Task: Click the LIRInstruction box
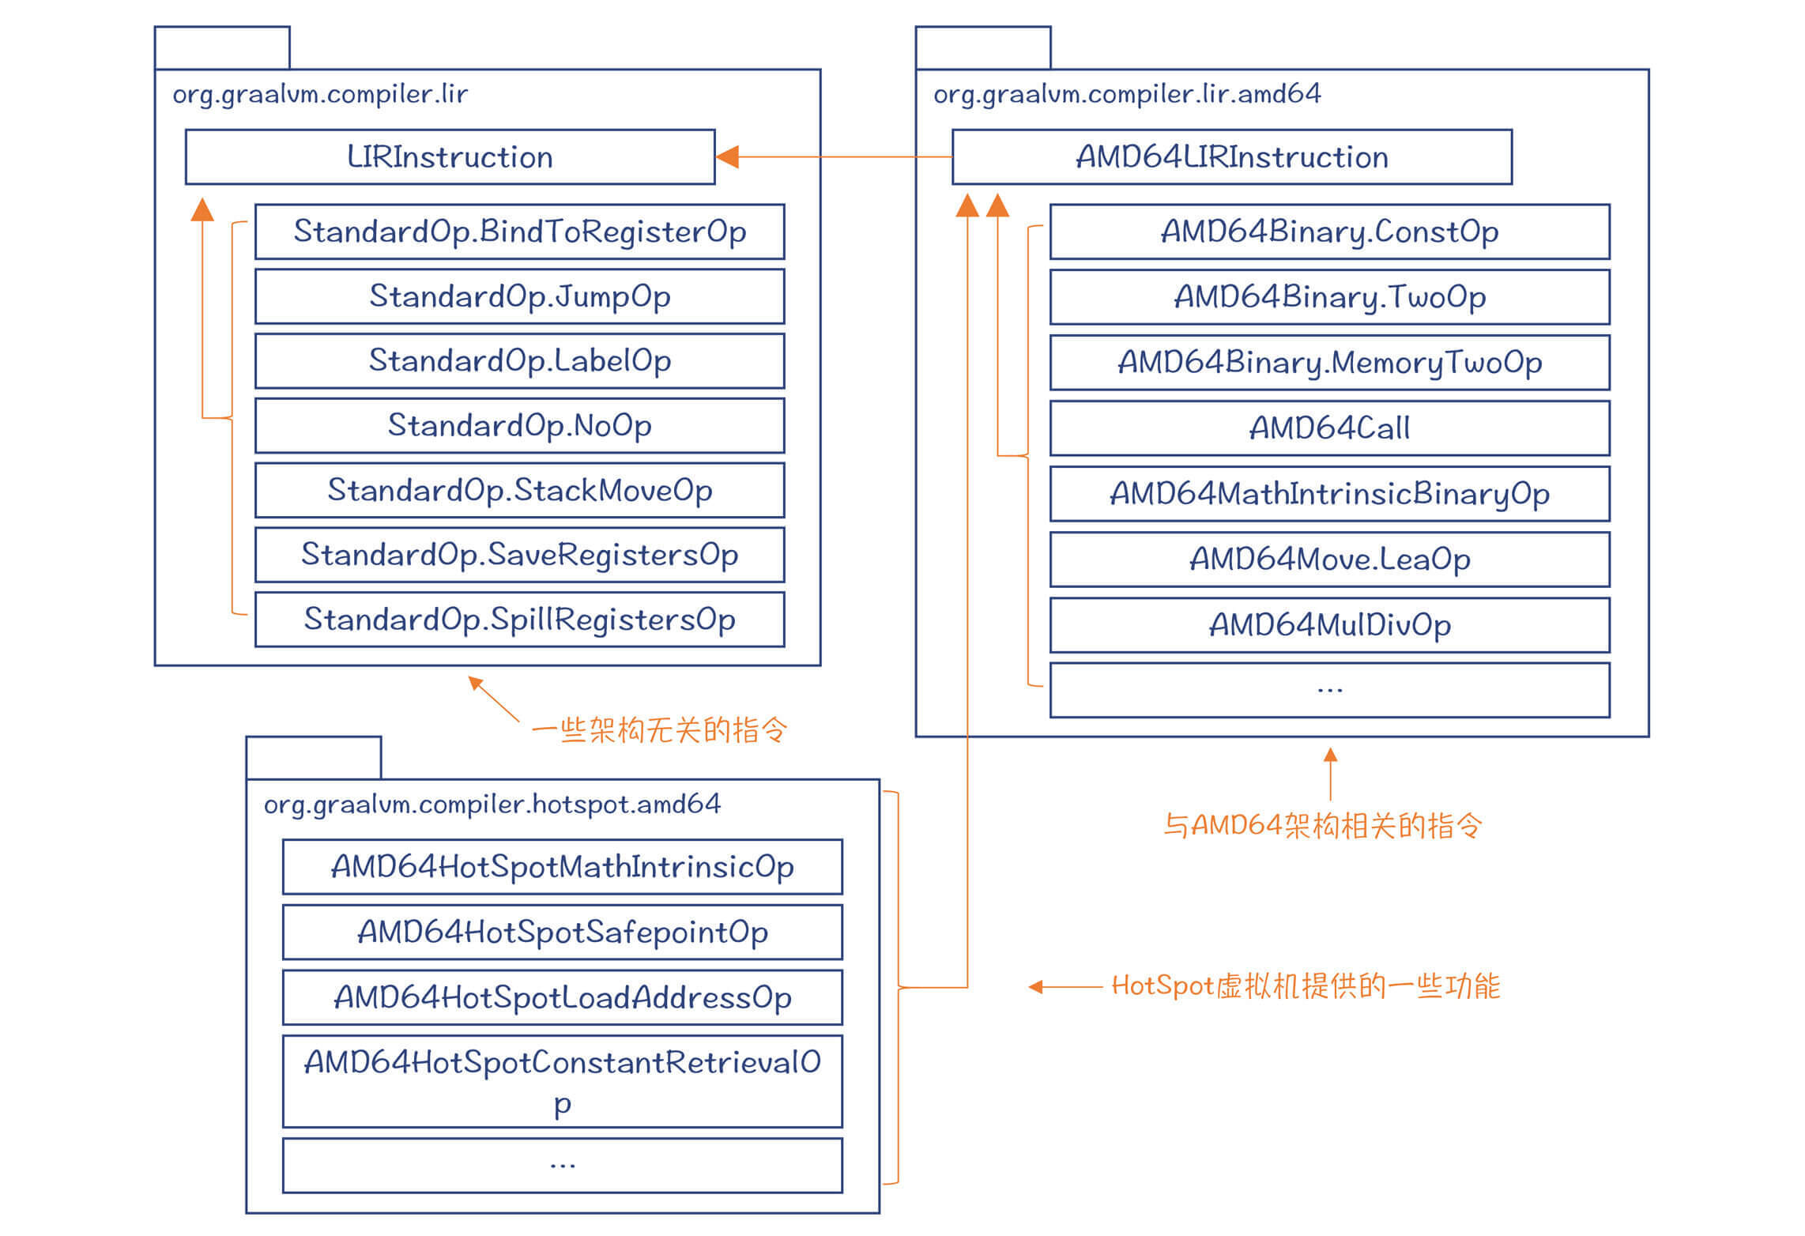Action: click(450, 156)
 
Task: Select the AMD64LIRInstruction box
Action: click(1231, 156)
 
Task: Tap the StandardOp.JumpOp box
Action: click(519, 296)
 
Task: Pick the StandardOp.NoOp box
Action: click(519, 425)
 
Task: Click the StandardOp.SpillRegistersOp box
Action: click(519, 620)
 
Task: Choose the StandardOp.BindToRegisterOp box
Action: click(519, 232)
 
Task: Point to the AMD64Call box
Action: click(1329, 428)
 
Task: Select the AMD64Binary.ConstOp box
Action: click(1329, 232)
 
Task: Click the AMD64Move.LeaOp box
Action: click(1329, 560)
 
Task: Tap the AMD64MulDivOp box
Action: click(1329, 625)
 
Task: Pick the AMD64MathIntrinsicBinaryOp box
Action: click(1329, 494)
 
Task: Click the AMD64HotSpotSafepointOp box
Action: click(562, 933)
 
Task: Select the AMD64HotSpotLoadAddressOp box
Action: click(562, 998)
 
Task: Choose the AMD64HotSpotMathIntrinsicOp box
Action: click(562, 867)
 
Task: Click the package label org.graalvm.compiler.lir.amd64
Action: click(1127, 94)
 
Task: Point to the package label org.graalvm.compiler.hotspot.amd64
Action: click(492, 805)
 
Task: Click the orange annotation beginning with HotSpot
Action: click(1306, 986)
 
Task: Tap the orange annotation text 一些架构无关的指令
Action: click(659, 729)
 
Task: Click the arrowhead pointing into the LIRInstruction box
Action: click(727, 156)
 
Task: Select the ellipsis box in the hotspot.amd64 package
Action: click(562, 1165)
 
